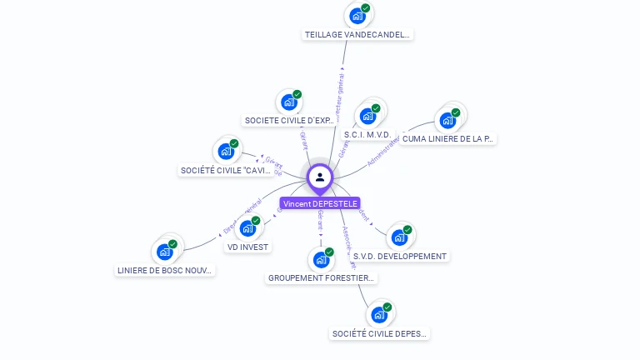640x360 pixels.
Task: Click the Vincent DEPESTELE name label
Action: click(320, 203)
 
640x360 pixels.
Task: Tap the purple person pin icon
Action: click(320, 177)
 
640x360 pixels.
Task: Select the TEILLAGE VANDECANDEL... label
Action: click(357, 35)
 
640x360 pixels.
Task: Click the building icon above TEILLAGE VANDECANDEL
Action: click(357, 15)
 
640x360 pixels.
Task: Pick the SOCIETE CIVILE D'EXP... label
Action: click(289, 121)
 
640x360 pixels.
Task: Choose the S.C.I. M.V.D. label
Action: click(367, 134)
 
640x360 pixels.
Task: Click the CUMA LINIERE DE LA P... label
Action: click(447, 139)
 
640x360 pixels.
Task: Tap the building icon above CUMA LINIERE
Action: click(447, 119)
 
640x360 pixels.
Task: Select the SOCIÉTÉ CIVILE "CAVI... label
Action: click(226, 171)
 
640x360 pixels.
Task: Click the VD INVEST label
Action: click(247, 247)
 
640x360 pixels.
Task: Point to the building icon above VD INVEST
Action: click(247, 228)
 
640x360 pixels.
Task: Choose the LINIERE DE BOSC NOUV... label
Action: click(165, 271)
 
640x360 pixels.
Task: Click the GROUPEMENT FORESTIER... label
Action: click(322, 278)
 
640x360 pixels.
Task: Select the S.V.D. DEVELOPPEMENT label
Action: click(400, 257)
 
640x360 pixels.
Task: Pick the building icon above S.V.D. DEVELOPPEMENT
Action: click(400, 237)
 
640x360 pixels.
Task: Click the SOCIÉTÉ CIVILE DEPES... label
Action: click(379, 334)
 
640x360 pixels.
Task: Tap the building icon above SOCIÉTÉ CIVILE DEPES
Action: click(379, 315)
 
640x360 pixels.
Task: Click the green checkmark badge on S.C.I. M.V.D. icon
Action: click(375, 108)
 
